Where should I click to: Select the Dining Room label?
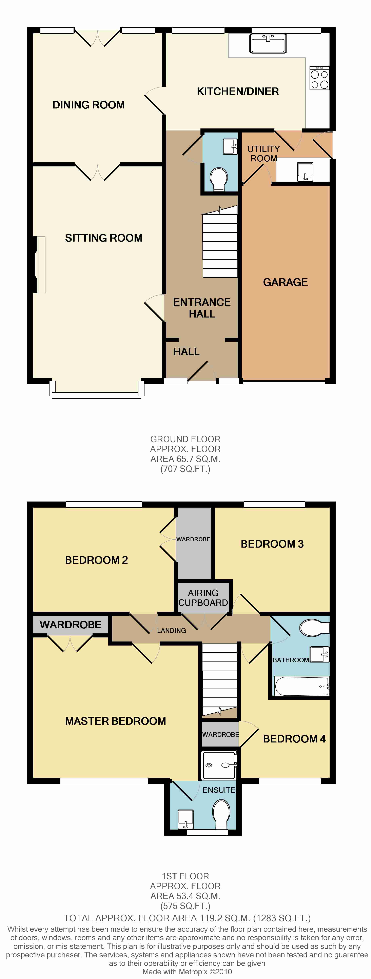pyautogui.click(x=89, y=105)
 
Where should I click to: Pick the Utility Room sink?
pyautogui.click(x=305, y=171)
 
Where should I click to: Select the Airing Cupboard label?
pyautogui.click(x=203, y=598)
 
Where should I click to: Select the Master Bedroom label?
pyautogui.click(x=116, y=721)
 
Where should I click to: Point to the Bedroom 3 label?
pyautogui.click(x=272, y=544)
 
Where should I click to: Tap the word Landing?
pyautogui.click(x=171, y=631)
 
